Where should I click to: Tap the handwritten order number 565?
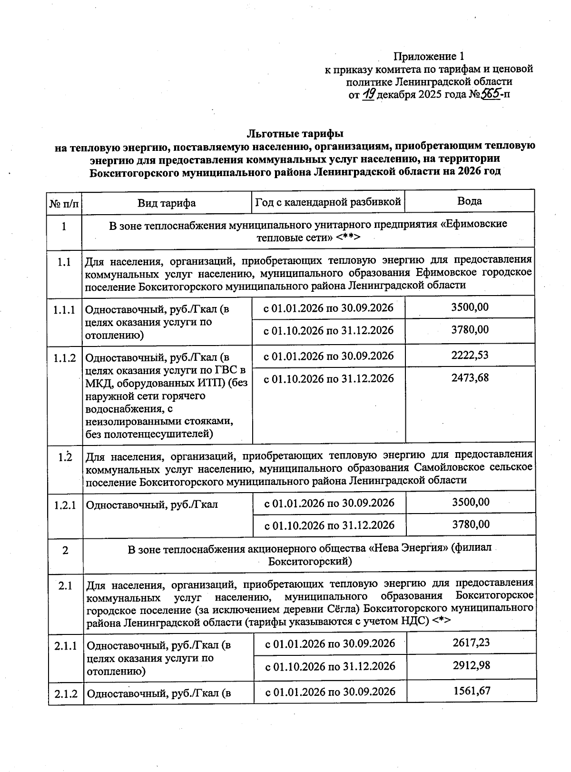pos(490,94)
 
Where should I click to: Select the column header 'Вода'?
pos(469,201)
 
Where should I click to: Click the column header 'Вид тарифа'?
pos(167,203)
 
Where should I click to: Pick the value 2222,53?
pos(470,355)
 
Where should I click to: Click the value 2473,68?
pos(470,378)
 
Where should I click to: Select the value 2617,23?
pos(471,643)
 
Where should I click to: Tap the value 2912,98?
pos(471,665)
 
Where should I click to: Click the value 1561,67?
pos(471,691)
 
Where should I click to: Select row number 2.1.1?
pos(66,646)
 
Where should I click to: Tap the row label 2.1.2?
pos(66,693)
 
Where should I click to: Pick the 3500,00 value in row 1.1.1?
pos(470,307)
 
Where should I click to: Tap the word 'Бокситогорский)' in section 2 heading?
pos(310,561)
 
